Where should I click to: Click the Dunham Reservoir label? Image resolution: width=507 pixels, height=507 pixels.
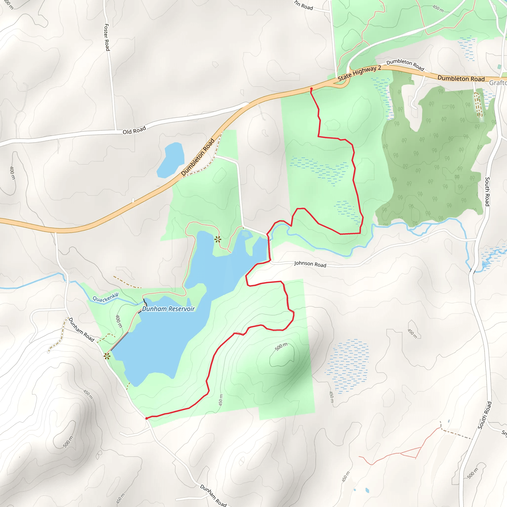(168, 309)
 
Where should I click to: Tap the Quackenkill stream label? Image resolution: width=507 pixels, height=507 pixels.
(105, 298)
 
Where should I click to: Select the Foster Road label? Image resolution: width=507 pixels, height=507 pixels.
(107, 37)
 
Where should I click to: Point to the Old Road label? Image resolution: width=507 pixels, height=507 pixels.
(134, 130)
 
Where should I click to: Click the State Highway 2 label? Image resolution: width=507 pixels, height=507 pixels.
(359, 73)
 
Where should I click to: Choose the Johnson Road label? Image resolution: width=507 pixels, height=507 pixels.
(310, 264)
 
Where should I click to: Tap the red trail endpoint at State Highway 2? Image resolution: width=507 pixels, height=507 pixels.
(311, 89)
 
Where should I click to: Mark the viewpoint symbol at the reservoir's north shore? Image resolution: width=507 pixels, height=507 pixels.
(218, 239)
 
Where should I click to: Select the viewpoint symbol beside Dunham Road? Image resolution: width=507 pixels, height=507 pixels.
(107, 356)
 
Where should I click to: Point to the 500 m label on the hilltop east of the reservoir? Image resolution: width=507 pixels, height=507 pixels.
(281, 347)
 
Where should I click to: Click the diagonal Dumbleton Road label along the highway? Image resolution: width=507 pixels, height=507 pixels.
(198, 157)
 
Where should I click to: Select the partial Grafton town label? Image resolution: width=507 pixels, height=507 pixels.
(498, 83)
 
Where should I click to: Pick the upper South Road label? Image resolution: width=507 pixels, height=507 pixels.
(487, 192)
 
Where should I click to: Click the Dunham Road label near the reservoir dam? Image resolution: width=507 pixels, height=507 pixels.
(81, 330)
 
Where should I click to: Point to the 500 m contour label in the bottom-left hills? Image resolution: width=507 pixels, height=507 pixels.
(68, 442)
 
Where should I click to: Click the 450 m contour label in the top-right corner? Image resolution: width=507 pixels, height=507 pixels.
(438, 9)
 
